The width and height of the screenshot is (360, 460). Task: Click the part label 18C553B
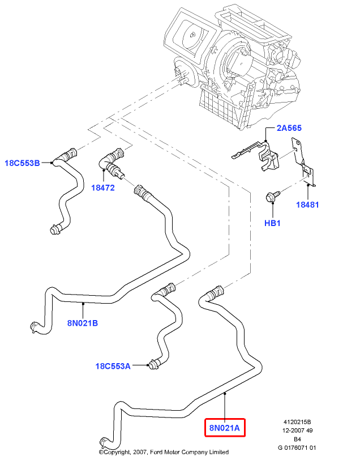coord(22,163)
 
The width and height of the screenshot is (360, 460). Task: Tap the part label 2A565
coord(290,129)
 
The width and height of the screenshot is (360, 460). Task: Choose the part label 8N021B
coord(83,324)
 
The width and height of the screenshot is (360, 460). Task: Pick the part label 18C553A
coord(113,366)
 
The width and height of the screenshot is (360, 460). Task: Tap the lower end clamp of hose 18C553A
coord(152,364)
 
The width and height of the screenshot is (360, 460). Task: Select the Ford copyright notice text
coord(164,452)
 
